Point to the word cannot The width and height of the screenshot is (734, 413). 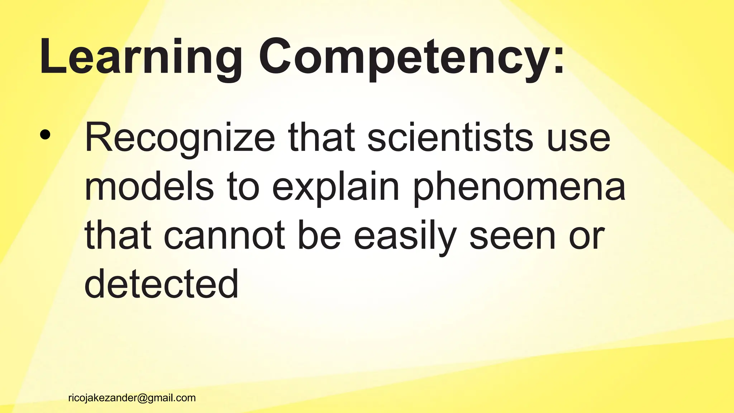[224, 235]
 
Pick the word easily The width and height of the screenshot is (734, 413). [405, 235]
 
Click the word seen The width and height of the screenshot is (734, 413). [512, 235]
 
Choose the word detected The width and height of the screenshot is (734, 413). [161, 284]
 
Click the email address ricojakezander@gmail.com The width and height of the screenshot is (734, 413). [132, 398]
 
